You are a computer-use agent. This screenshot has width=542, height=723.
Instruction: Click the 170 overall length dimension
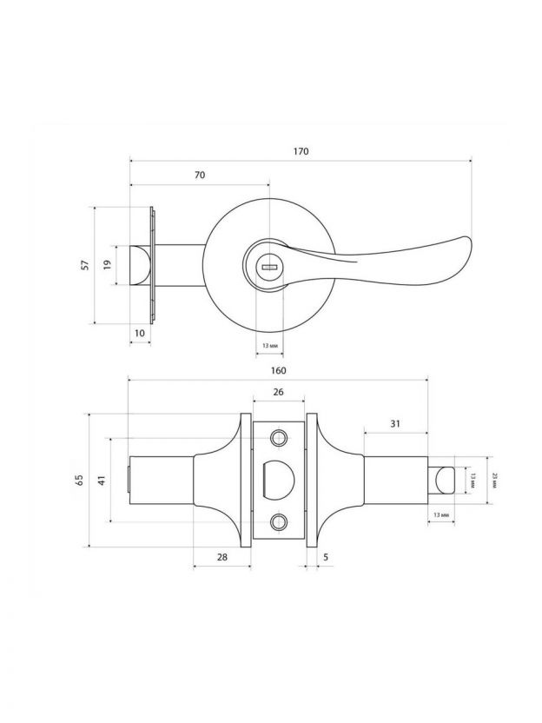point(301,151)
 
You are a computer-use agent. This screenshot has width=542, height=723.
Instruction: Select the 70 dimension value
point(199,175)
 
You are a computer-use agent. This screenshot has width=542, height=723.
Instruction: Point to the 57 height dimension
point(84,265)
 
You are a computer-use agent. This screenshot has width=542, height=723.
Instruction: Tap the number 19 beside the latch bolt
point(108,265)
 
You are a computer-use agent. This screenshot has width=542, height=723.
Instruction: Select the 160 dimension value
point(278,370)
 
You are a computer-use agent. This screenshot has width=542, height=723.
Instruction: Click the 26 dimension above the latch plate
point(278,392)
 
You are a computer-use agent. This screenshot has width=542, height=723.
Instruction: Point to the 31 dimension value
point(395,423)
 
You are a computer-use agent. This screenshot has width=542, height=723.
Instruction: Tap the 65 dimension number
point(79,480)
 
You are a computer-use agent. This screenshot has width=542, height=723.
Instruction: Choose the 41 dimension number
point(101,480)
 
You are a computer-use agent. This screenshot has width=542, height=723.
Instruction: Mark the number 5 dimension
point(325,556)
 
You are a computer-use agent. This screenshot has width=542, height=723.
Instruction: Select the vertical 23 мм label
point(494,480)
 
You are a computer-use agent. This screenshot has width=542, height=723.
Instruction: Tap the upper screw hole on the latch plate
point(279,437)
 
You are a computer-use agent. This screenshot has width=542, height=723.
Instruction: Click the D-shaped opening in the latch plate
point(276,480)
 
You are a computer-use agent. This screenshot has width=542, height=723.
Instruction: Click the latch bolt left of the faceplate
point(138,265)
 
